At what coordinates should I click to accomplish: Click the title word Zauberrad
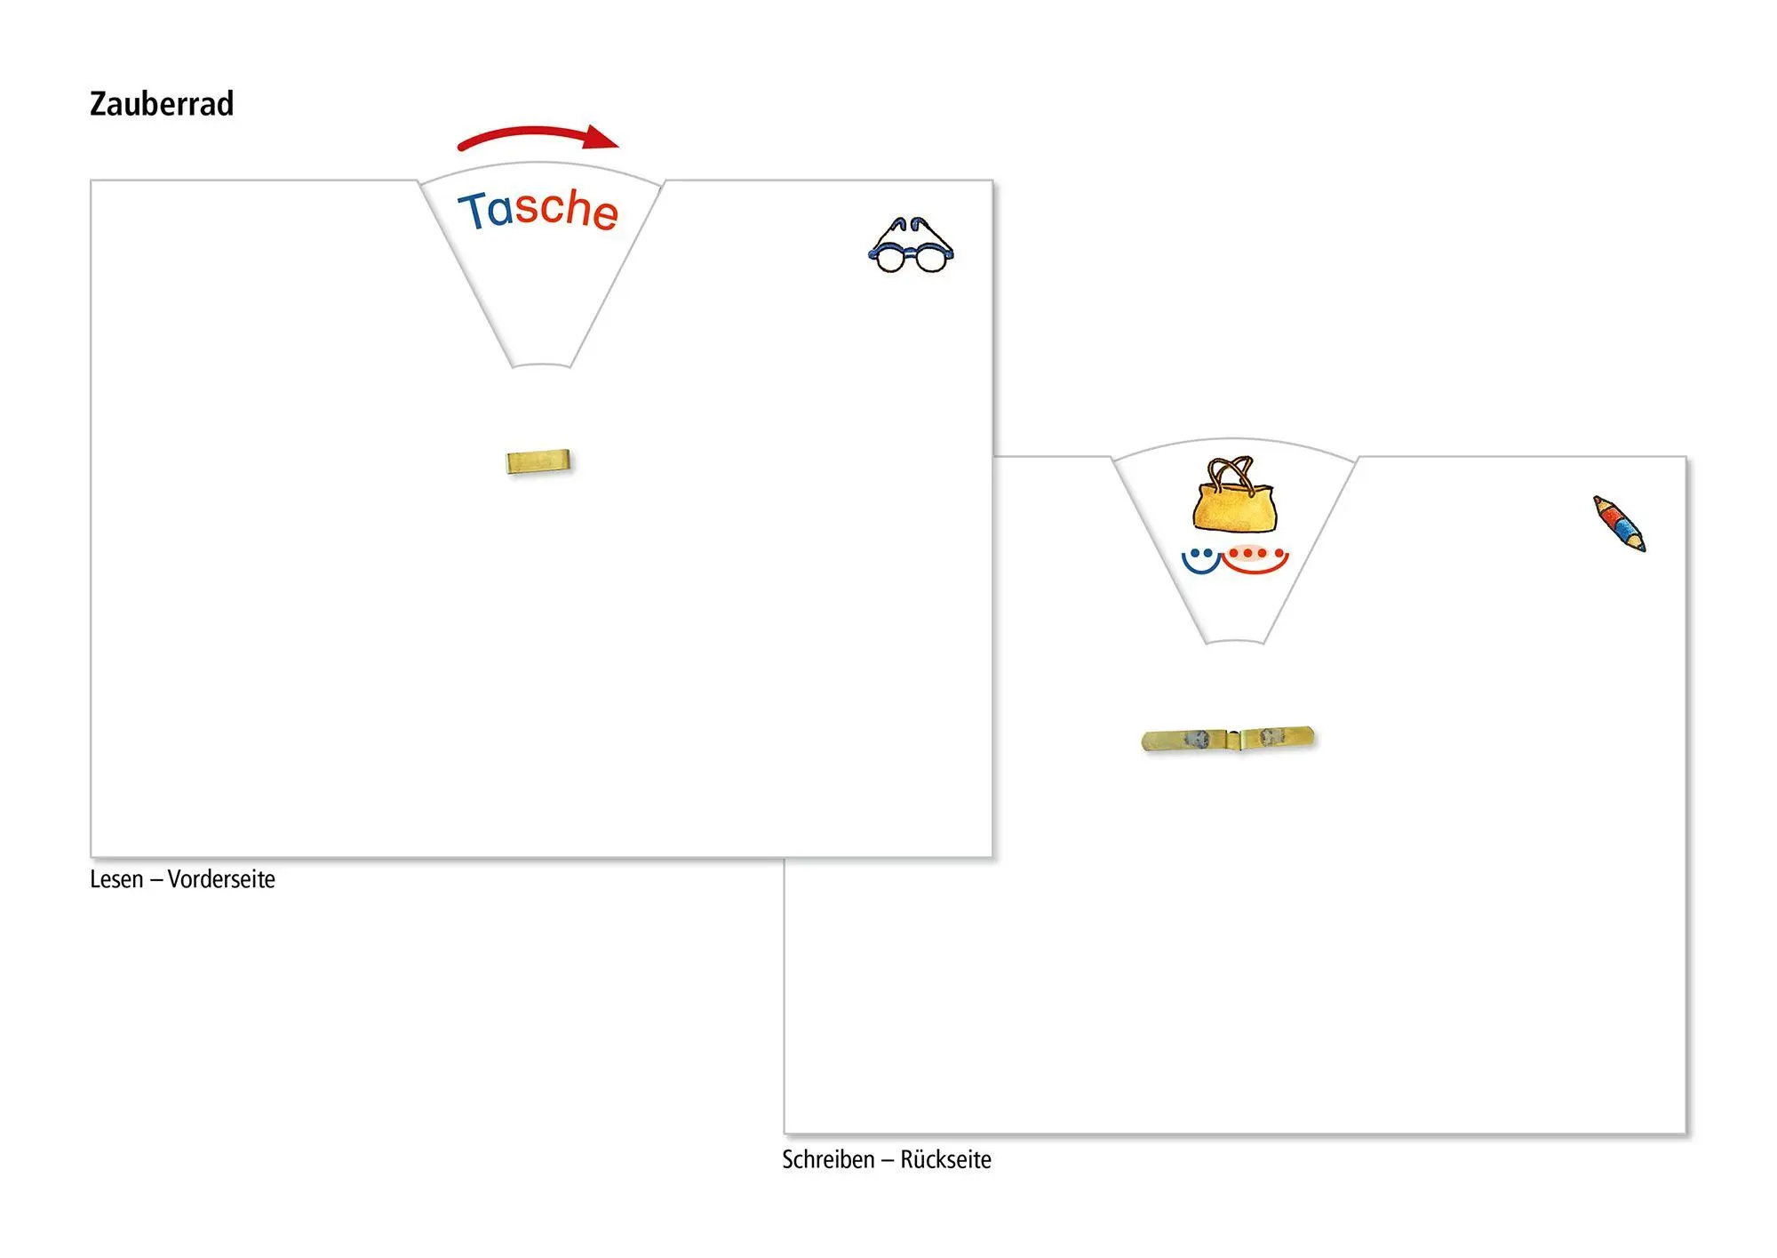[x=162, y=104]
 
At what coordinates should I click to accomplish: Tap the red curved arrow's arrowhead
[x=602, y=137]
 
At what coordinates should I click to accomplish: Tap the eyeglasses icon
[x=911, y=244]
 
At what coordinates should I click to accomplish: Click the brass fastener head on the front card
[x=538, y=461]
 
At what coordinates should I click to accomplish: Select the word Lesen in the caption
[x=116, y=879]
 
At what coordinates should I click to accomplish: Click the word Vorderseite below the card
[x=221, y=879]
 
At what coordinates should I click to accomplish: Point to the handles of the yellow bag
[x=1231, y=469]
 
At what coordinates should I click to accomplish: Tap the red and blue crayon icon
[x=1619, y=524]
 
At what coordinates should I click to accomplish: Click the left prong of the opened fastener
[x=1183, y=740]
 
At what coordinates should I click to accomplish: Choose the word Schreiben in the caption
[x=828, y=1160]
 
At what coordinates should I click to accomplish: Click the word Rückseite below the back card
[x=945, y=1160]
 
